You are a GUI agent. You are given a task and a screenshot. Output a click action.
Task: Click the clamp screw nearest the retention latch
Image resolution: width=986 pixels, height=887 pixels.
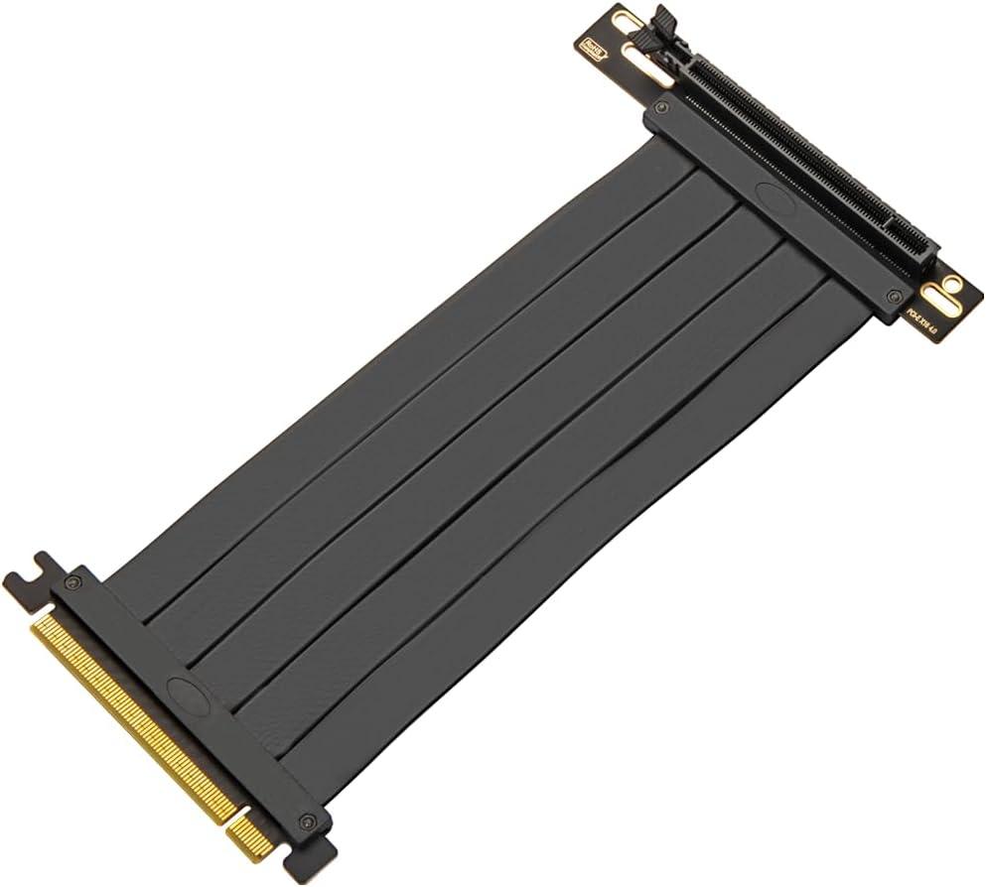[663, 105]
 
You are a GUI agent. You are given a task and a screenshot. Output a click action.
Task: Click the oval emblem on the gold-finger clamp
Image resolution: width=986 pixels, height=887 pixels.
[185, 691]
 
